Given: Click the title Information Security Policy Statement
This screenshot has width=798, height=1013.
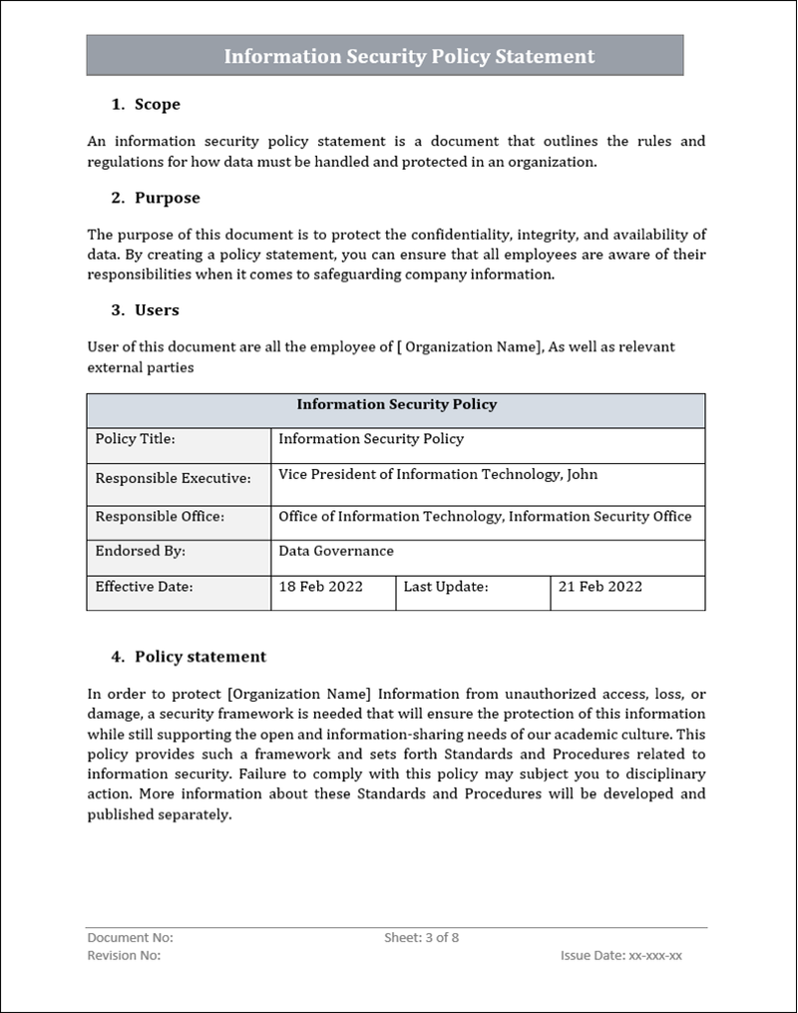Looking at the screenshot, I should coord(409,57).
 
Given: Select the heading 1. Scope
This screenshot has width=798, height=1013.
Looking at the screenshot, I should coord(146,104).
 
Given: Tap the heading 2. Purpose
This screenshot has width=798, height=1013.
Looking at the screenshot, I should coord(156,198).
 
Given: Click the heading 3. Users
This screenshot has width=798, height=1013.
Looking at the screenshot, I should coord(146,310).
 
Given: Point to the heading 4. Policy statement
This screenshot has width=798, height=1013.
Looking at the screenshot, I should coord(189,657).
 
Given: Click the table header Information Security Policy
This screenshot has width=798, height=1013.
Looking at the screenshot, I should coord(396,405).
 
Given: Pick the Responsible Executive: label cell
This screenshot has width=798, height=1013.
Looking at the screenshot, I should coord(173,478).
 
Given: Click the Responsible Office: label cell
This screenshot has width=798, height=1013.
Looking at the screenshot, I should coord(160,517).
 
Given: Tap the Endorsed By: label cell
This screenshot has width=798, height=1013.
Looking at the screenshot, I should coord(140,551).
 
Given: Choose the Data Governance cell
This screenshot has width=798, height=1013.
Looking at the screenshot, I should coord(336,551).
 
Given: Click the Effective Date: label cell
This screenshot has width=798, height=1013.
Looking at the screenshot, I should coord(144,587).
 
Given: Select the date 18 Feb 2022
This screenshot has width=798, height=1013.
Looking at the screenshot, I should coord(320,587).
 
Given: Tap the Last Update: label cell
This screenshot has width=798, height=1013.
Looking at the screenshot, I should coord(446,587).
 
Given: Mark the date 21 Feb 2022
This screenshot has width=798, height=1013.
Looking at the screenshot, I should coord(599,587).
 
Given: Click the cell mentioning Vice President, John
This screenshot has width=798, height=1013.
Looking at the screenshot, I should coord(438,475).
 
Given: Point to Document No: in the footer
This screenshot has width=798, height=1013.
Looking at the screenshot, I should coord(131,938).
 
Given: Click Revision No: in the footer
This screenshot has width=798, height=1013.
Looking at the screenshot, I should coord(125,955).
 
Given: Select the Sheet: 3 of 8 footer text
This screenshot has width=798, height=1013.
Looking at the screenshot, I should coord(421,938).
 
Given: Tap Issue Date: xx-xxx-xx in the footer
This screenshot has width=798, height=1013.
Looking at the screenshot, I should coord(621,955).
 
